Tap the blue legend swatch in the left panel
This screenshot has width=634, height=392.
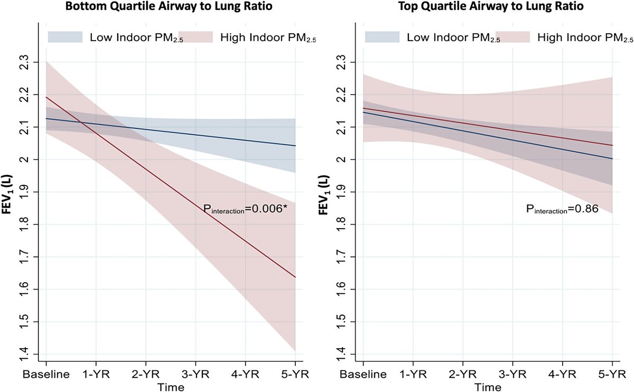click(x=66, y=37)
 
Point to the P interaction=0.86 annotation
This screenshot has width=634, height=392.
click(x=562, y=210)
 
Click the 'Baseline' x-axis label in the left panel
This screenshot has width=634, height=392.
click(x=46, y=375)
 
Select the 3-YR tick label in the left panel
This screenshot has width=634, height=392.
click(x=195, y=375)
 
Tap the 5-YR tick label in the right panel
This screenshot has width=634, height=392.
click(x=612, y=375)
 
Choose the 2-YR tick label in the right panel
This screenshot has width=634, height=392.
click(x=463, y=375)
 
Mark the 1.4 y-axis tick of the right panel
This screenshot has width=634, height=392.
click(x=346, y=354)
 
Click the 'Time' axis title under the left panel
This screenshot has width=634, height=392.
click(x=171, y=387)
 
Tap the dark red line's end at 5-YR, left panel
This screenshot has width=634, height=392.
click(x=295, y=277)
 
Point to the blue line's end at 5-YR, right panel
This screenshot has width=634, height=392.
click(x=612, y=158)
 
